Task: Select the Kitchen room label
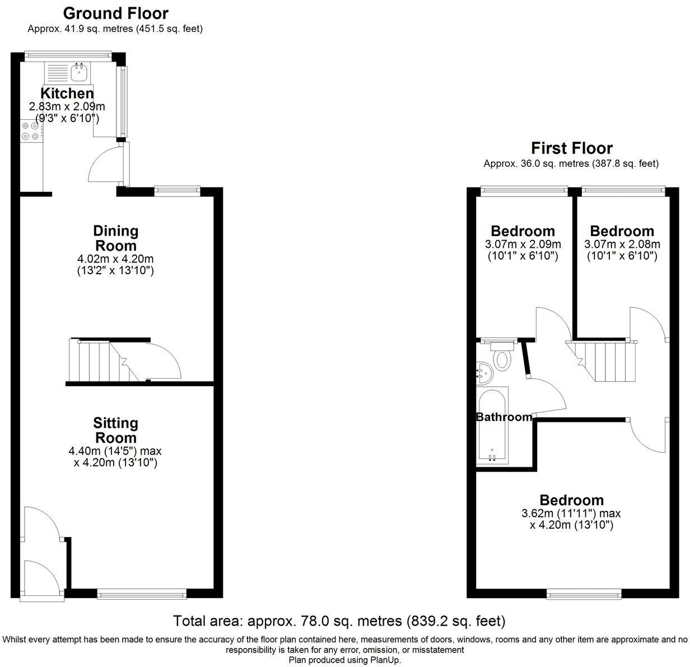tap(67, 93)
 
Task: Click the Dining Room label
tap(116, 238)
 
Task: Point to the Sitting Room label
tap(116, 430)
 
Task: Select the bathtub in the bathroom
tap(492, 425)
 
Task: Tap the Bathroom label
tap(504, 417)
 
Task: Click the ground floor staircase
tap(98, 361)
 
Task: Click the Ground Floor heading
tap(115, 13)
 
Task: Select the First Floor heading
tap(571, 148)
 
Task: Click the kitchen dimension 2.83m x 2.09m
tap(67, 106)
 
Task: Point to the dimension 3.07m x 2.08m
tap(622, 245)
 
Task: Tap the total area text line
tap(339, 621)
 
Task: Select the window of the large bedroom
tap(584, 593)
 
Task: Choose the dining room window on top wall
tap(177, 190)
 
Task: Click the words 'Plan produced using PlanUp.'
tap(345, 660)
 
